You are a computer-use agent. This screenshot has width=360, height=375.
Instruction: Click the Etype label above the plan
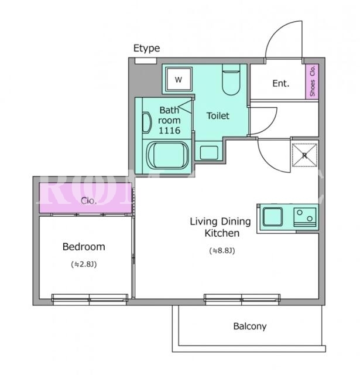tap(146, 49)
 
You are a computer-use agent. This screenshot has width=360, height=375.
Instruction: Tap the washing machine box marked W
tap(179, 80)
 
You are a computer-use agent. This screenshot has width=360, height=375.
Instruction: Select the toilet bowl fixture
tap(231, 80)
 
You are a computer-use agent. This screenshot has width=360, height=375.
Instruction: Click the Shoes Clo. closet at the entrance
tap(312, 81)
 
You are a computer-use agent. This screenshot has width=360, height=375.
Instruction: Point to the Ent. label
tap(281, 83)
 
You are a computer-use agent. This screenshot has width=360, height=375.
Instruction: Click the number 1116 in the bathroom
tap(169, 130)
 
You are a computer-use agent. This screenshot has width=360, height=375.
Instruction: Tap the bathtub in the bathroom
tap(167, 155)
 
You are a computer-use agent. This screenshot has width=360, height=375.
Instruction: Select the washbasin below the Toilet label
tap(209, 152)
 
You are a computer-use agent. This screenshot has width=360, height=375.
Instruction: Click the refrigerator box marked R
tap(305, 155)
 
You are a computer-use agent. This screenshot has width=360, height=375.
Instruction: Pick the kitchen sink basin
tap(273, 217)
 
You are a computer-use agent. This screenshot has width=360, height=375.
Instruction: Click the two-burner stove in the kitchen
tap(305, 217)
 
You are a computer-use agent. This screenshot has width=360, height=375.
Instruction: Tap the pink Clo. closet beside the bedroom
tap(85, 198)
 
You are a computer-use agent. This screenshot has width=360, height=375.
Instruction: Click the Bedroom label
tap(84, 247)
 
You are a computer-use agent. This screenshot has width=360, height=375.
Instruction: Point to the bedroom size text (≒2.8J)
tap(84, 264)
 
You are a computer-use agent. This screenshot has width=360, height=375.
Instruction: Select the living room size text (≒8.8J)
tap(222, 250)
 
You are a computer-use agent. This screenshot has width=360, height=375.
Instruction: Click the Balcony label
tap(250, 326)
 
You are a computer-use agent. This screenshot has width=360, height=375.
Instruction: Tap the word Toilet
tap(218, 116)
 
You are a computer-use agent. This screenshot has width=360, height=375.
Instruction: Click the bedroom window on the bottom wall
tap(90, 299)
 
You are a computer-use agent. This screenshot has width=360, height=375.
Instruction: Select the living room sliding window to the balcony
tap(242, 299)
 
